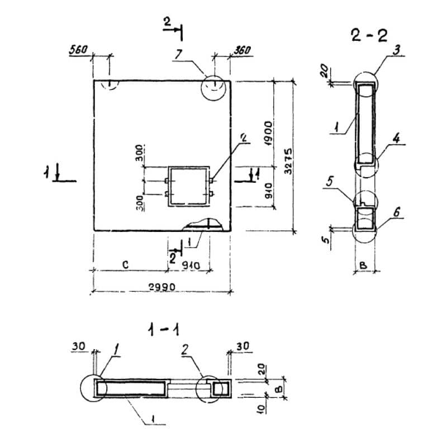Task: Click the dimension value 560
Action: [x=78, y=50]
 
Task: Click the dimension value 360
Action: [x=241, y=50]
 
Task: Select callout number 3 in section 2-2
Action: [x=396, y=51]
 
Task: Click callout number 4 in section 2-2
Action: [x=395, y=139]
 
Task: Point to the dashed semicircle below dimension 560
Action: [x=110, y=84]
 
